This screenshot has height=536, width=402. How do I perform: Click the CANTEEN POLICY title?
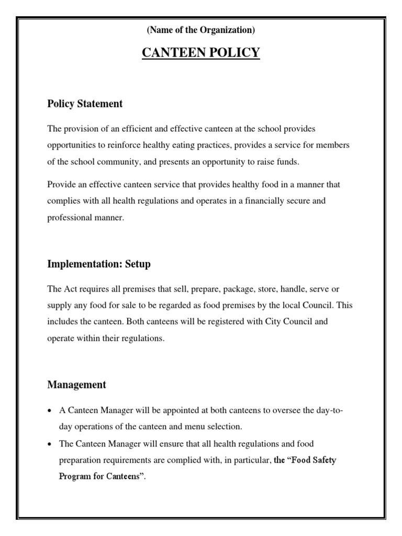[201, 53]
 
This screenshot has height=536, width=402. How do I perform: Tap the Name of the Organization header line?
[201, 30]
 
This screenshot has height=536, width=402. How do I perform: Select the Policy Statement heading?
[85, 104]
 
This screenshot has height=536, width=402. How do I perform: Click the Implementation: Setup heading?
[99, 264]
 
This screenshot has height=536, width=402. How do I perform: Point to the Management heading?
[76, 385]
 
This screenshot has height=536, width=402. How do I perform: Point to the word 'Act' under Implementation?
[71, 289]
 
